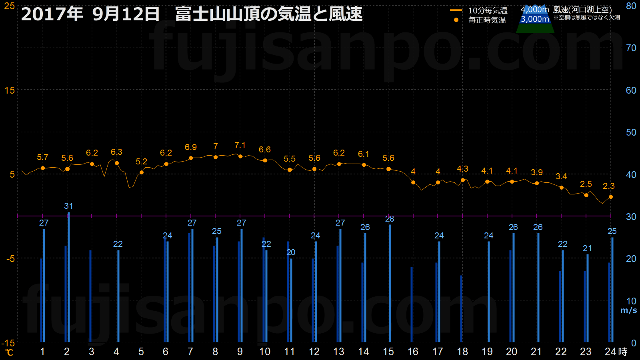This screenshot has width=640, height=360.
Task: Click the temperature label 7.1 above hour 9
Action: point(240,146)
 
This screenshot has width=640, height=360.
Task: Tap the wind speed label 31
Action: point(68,206)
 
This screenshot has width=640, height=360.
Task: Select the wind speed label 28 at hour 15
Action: point(390,219)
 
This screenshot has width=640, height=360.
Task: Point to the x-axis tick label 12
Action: point(314,352)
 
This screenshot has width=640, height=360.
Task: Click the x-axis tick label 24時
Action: point(616,352)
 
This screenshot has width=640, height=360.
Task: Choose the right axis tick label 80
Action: point(631,6)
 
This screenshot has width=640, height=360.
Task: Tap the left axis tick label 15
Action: point(10,90)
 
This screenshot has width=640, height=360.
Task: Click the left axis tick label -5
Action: point(10,259)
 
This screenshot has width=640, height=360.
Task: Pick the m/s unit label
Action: point(628,310)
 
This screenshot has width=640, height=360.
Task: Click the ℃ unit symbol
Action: point(9,352)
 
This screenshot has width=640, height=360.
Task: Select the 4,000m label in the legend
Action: point(534,10)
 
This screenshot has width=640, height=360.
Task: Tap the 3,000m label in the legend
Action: point(534,19)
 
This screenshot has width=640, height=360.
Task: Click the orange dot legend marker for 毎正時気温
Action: point(456,20)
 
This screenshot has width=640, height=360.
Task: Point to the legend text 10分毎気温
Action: point(488,10)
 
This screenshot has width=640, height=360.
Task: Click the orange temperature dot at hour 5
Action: point(142,172)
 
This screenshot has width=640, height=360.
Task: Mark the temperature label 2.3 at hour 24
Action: point(608,186)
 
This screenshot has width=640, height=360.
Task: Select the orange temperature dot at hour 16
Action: point(413,182)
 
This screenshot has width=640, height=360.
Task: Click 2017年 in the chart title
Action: point(52,14)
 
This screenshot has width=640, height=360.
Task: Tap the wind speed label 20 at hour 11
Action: point(291,252)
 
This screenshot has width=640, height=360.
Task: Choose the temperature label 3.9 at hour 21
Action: point(536,172)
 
